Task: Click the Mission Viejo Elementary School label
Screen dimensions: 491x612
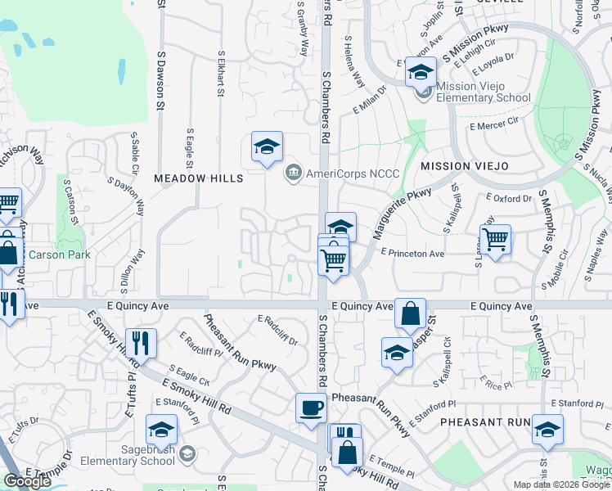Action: coord(483,92)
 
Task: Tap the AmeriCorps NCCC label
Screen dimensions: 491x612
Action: coord(341,173)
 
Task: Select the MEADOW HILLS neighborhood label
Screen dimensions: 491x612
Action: coord(199,178)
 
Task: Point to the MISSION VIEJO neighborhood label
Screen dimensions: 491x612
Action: coord(465,166)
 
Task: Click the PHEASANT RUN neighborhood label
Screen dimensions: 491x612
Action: coord(485,422)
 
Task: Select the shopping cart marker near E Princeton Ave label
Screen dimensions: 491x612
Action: coord(495,240)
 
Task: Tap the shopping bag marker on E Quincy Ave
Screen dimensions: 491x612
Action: coord(410,313)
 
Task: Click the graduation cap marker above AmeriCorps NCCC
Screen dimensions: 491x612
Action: coord(267,147)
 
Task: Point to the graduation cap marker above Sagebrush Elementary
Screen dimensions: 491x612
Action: coord(161,430)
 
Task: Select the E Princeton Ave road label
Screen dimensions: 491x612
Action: coord(412,254)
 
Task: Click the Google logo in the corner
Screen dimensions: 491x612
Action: coord(27,481)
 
